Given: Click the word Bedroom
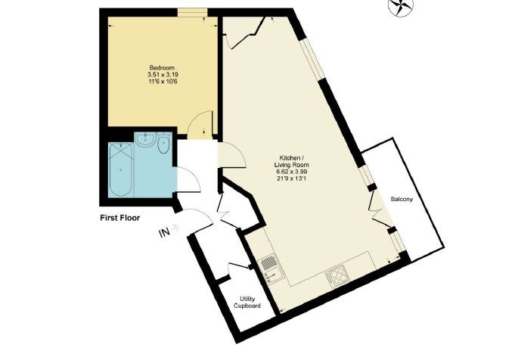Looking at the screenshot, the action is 162,68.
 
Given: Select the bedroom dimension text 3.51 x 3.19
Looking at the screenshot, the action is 163,75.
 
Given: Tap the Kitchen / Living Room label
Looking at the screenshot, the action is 292,161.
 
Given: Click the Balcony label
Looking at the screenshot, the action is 402,199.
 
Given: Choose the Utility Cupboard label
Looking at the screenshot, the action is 247,303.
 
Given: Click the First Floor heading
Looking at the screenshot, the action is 120,218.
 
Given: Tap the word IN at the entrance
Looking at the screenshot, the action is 164,232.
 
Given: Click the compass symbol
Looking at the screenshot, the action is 401,7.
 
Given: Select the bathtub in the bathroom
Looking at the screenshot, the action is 120,169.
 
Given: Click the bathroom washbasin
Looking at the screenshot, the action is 144,140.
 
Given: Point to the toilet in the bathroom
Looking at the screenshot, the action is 163,142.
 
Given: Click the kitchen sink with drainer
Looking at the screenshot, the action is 270,269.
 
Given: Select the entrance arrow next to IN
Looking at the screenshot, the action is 175,228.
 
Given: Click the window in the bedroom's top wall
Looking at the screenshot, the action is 193,13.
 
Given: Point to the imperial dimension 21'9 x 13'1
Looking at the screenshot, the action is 292,178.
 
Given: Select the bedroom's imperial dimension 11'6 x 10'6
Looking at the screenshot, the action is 163,81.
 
